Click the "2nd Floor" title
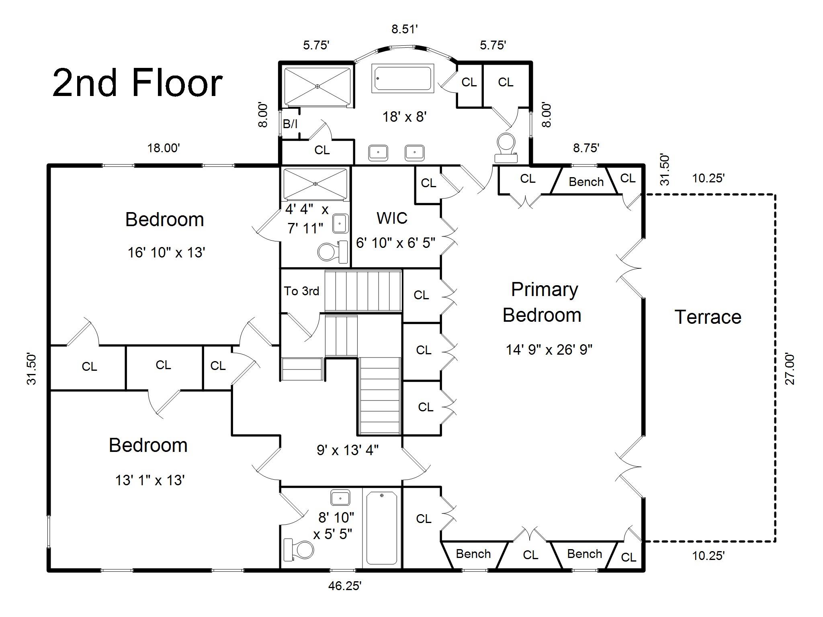coord(137,84)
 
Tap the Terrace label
coord(708,317)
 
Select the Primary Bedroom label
coord(543,302)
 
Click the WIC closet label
coord(392,218)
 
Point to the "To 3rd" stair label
coord(301,291)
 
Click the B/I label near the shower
coord(290,124)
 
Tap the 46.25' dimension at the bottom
coord(345,586)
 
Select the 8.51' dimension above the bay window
coord(405,29)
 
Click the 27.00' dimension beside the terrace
coord(790,369)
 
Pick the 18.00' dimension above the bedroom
coord(163,148)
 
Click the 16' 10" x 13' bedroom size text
coord(166,253)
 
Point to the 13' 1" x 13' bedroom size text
coord(149,480)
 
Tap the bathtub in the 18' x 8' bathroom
coord(403,78)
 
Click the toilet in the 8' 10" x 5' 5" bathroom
coord(299,550)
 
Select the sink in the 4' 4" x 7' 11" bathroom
coord(340,223)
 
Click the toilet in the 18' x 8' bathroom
coord(506,147)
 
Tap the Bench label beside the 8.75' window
coord(586,182)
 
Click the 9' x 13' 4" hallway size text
coord(348,450)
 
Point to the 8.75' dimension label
coord(586,148)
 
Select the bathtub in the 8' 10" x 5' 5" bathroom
coord(382,528)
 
